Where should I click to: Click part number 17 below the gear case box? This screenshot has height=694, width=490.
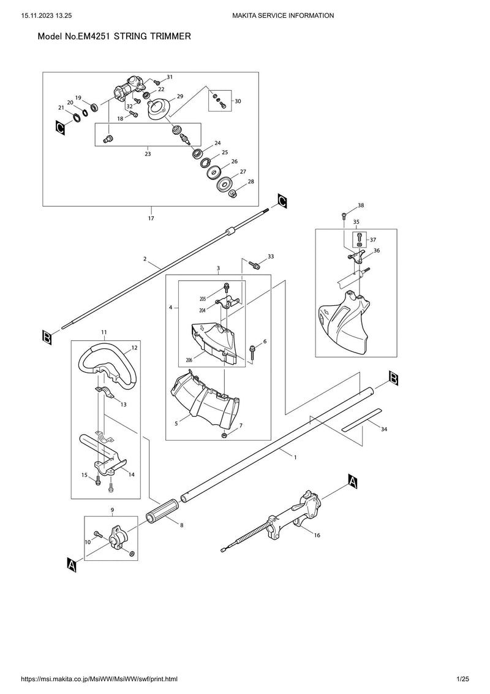151,218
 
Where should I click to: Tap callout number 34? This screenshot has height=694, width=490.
384,430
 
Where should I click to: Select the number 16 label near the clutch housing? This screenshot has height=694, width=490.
317,535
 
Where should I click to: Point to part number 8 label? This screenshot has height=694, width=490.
181,525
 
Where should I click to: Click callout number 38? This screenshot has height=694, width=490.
361,205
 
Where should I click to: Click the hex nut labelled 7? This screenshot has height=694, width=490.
225,435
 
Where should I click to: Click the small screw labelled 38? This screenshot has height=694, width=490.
345,215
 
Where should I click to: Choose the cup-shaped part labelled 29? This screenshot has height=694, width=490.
162,107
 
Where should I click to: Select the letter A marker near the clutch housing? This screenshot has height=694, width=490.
352,481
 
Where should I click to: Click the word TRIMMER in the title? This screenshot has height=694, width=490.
169,37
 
